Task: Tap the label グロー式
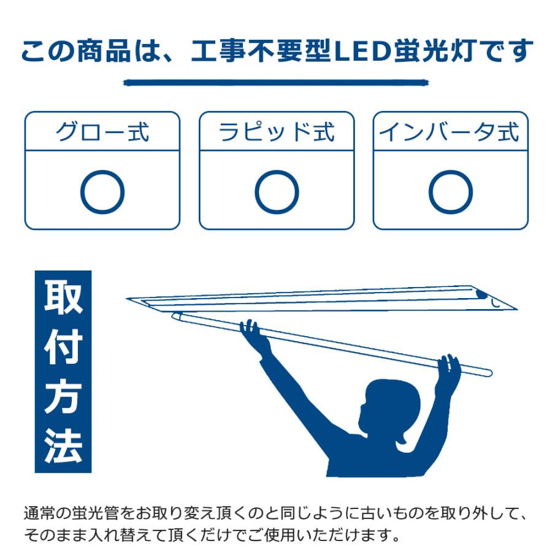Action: click(x=102, y=132)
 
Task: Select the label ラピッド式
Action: click(x=277, y=132)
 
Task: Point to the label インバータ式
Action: click(x=450, y=132)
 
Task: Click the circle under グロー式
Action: click(x=102, y=193)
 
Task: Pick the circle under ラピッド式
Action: click(x=277, y=193)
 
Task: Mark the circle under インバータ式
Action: click(x=451, y=193)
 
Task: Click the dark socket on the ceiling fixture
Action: click(x=483, y=296)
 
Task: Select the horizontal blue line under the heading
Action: click(x=275, y=82)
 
